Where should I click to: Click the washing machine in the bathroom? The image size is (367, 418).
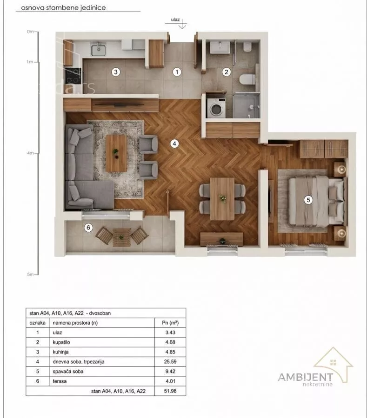click(x=216, y=108)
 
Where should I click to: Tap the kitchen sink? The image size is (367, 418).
click(x=99, y=50)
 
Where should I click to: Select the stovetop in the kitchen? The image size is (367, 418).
click(x=73, y=77)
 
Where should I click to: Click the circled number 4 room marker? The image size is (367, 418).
click(x=174, y=144)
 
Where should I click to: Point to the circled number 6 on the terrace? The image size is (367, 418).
click(x=88, y=228)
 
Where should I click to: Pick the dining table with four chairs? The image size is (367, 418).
click(x=222, y=199)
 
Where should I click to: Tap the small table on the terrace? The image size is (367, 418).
click(x=121, y=237)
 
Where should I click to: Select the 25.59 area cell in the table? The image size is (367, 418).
click(x=170, y=361)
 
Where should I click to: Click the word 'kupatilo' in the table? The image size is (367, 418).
click(x=61, y=342)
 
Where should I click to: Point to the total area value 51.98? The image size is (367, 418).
click(x=170, y=391)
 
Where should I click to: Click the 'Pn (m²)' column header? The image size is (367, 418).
click(x=170, y=323)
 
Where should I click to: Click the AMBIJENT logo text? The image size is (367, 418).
click(x=305, y=377)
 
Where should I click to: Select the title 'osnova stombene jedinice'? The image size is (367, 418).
click(x=63, y=8)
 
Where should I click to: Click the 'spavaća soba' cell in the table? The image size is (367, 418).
click(x=68, y=372)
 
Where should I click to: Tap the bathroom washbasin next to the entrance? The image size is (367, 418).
click(x=220, y=47)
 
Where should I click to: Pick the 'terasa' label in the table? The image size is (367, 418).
click(x=60, y=381)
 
